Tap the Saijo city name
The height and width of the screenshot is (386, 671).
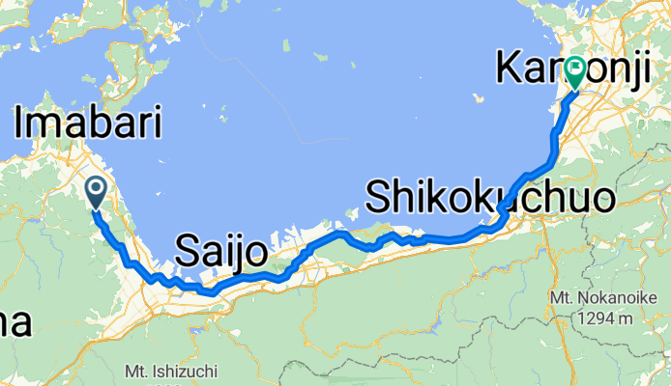221,254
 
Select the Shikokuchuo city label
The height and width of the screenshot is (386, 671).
490,198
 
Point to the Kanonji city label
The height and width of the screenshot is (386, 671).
581,69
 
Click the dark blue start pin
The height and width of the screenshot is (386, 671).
97,191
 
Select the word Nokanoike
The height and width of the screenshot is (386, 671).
612,299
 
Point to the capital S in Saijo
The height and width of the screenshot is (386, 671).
188,254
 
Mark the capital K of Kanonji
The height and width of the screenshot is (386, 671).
511,69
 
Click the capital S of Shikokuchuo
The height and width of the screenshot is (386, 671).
379,198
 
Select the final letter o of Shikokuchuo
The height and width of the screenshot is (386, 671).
602,200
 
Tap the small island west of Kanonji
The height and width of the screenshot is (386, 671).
479,96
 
